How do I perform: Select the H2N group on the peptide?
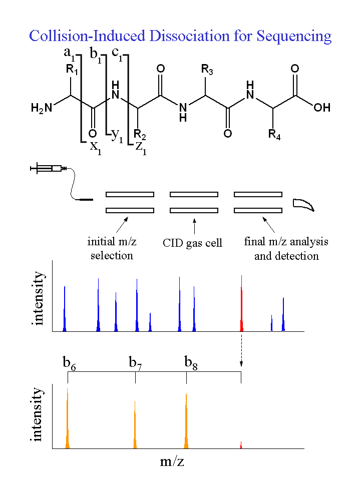tap(41, 107)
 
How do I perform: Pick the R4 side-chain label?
tap(274, 134)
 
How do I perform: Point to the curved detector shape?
tap(304, 204)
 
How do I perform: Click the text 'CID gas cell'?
tap(193, 243)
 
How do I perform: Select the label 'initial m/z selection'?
tap(112, 248)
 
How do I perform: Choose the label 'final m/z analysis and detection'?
tap(286, 248)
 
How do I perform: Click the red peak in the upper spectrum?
tap(242, 305)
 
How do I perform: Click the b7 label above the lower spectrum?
tap(135, 363)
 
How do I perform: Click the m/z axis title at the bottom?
tap(172, 461)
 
